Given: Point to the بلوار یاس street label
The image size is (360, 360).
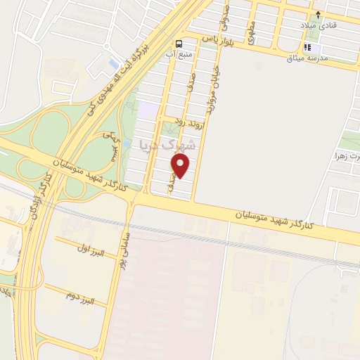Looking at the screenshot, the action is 219,40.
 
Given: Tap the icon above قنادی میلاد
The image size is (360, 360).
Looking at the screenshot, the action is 318,13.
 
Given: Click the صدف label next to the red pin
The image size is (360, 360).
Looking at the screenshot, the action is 172,181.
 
